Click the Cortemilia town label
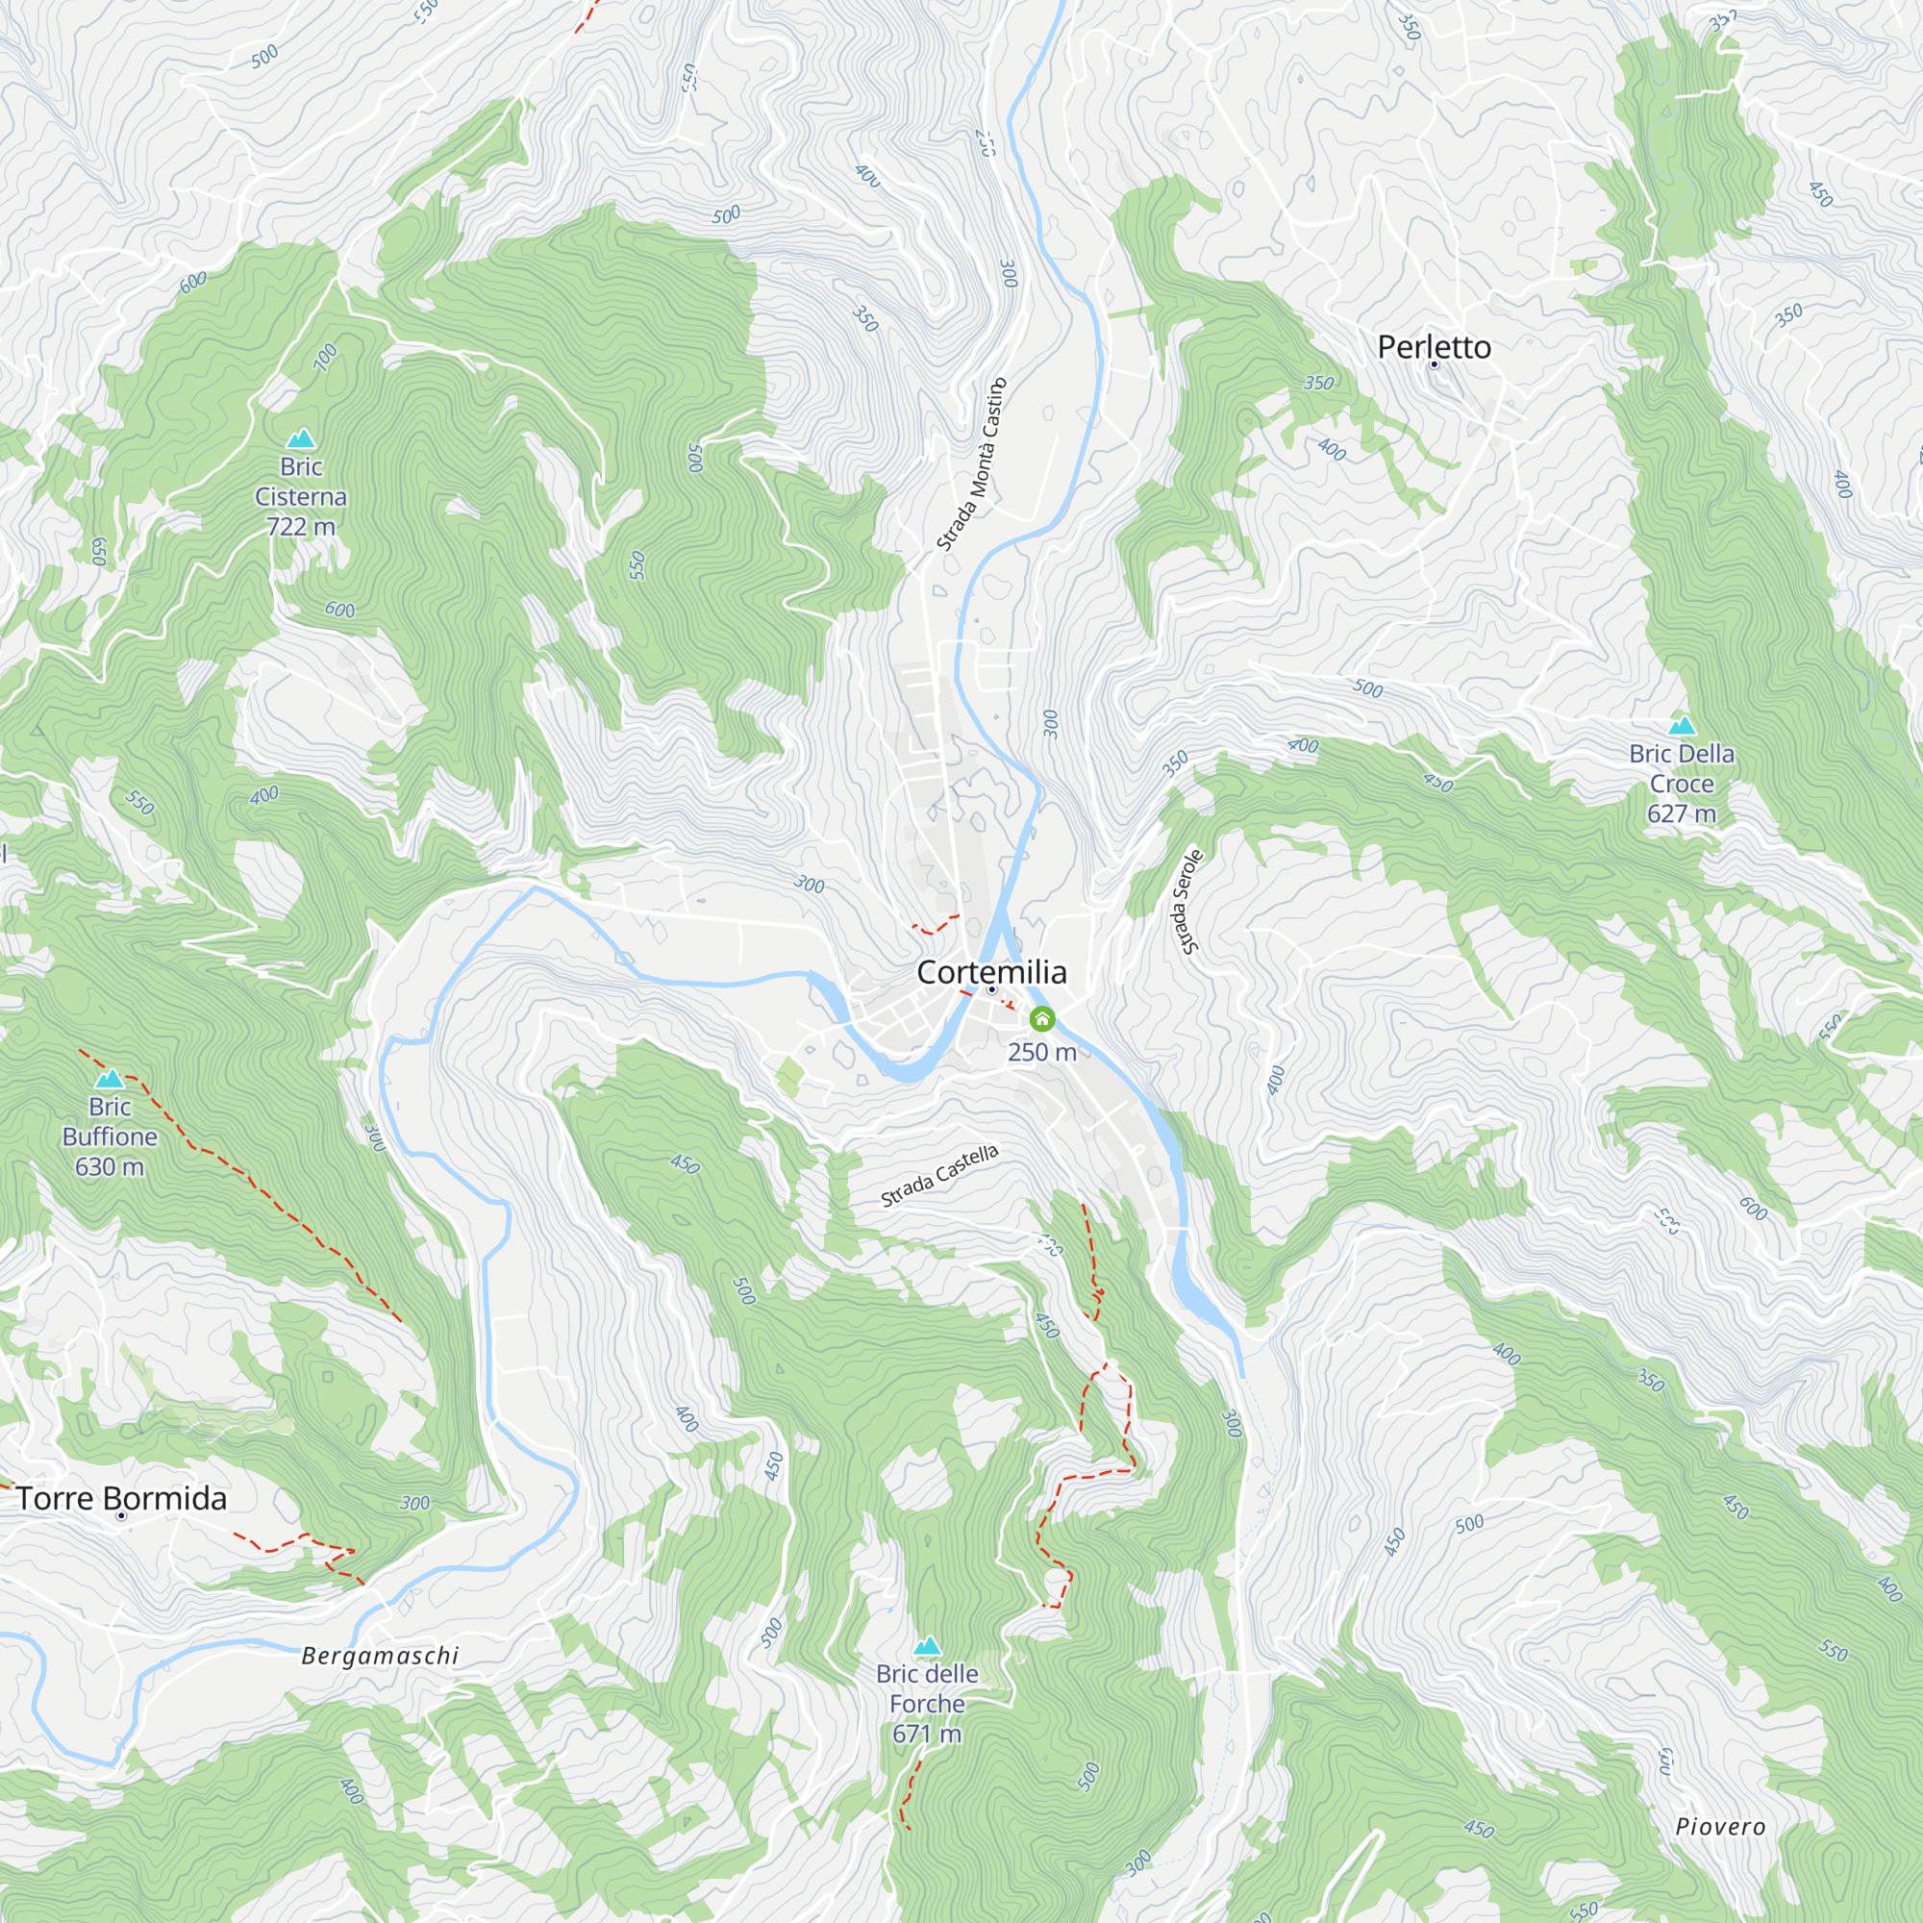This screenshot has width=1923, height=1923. point(991,971)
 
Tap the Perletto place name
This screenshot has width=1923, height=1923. point(1434,347)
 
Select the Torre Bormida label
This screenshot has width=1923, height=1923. point(121,1498)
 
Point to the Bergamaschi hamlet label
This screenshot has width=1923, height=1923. point(379,1656)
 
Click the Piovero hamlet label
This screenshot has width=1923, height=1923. point(1720,1827)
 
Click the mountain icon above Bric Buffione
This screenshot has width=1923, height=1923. point(110,1078)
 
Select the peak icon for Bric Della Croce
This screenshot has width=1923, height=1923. point(1681,725)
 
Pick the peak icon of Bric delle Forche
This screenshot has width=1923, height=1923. point(927,1645)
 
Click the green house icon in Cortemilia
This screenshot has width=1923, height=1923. point(1042,1018)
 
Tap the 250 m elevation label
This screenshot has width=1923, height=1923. point(1042,1052)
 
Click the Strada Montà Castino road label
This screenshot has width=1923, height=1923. point(972,463)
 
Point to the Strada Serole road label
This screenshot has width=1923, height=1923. point(1186,902)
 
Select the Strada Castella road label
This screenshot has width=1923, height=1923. point(938,1176)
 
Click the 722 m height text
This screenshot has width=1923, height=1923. point(301,526)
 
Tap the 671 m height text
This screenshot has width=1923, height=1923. point(927,1734)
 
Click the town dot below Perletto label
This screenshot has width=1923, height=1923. point(1435,364)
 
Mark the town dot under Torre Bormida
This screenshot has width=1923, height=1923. point(121,1516)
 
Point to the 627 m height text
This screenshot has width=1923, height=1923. point(1681,813)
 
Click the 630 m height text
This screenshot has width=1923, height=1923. point(110,1165)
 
